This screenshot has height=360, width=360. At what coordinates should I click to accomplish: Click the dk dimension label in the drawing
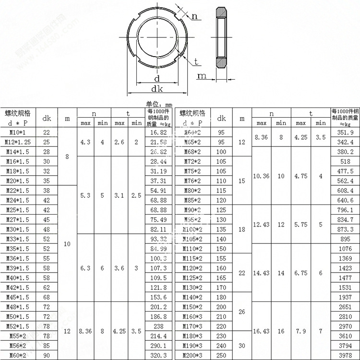point(156,89)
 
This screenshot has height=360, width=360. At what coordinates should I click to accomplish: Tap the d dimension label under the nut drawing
point(156,78)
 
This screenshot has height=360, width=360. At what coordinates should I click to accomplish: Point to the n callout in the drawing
point(194,16)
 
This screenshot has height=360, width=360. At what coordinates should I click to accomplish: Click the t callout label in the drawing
point(197,61)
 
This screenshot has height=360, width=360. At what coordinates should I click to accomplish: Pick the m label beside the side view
point(202,76)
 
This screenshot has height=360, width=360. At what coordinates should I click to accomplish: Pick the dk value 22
point(47,132)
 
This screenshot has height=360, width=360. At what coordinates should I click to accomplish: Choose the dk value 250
point(221,355)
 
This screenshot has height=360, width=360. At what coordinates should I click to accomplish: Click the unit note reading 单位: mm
point(159,104)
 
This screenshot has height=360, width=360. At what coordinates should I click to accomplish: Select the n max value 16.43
point(261,331)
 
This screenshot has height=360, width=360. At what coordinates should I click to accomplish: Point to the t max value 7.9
point(300,331)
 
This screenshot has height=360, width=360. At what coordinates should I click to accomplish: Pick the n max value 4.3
point(86,142)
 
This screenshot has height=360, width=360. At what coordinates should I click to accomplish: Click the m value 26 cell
point(241,312)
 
